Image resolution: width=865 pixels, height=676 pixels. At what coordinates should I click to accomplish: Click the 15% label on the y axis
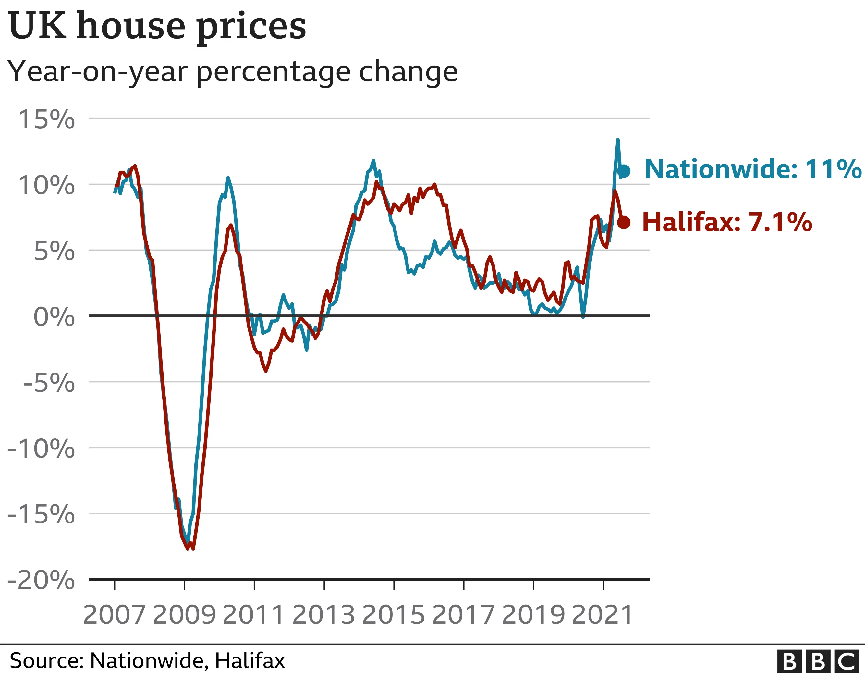point(46,119)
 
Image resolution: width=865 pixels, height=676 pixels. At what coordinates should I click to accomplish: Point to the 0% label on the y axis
point(54,317)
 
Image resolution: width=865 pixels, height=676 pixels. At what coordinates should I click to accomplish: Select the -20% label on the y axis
point(41,580)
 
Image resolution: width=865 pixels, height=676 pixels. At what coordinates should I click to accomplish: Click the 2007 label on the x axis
point(115,615)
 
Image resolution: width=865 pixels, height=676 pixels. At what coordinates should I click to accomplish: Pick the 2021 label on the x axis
point(603,615)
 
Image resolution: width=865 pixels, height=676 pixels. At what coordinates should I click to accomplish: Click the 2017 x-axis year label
point(463,615)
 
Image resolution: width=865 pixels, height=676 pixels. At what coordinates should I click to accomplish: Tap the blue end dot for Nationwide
point(624,171)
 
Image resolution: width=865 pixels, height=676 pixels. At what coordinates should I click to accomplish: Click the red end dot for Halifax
point(624,223)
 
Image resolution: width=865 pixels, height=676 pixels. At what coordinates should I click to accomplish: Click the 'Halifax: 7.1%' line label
point(727,222)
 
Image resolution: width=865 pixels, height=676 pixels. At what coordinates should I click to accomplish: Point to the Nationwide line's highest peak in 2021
point(618,140)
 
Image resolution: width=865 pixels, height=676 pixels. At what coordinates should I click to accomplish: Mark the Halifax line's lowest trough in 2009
point(193,549)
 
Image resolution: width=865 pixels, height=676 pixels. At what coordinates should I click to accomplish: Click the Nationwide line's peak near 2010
point(228,178)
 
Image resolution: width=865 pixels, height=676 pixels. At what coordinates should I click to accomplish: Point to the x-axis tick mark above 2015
point(394,585)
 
